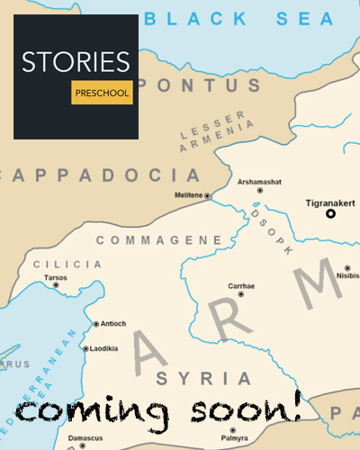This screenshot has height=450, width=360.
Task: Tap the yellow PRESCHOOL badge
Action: click(102, 93)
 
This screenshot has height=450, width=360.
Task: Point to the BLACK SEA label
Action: click(240, 17)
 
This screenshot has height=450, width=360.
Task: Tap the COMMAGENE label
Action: click(158, 240)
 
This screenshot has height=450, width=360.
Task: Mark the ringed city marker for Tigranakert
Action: click(330, 214)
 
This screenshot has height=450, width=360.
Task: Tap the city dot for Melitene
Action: click(208, 195)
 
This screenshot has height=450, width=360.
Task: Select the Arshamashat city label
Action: click(256, 181)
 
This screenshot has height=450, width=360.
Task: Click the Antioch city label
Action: click(115, 324)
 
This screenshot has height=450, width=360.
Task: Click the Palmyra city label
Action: click(233, 439)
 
